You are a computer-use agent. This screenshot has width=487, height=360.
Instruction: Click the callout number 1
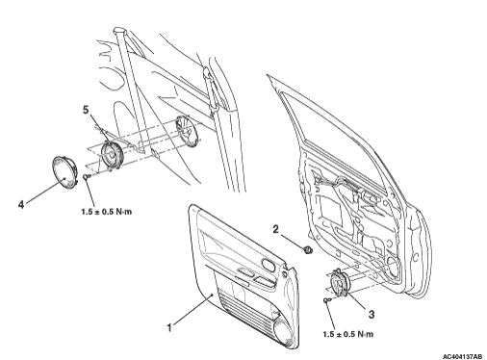tap(169, 327)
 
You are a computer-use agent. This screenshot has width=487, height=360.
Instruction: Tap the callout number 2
tap(275, 229)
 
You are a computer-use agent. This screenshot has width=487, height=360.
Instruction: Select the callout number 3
tap(372, 315)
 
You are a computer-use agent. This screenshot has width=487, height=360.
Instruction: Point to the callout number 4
tap(21, 204)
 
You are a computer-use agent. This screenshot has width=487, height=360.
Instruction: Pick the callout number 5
tap(86, 110)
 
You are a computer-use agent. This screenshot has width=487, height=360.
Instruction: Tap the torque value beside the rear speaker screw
tap(107, 212)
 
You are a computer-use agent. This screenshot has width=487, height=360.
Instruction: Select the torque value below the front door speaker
tap(348, 334)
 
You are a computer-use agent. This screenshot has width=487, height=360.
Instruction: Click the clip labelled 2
tap(308, 249)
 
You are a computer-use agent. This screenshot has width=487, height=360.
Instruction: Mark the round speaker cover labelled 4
tap(64, 172)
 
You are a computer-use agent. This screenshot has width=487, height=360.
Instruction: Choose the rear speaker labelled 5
tap(112, 156)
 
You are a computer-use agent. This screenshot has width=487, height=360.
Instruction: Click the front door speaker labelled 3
tap(338, 283)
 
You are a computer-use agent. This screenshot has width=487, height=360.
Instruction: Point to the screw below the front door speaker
tap(326, 300)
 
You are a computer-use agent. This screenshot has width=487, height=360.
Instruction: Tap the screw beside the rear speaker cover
tap(87, 176)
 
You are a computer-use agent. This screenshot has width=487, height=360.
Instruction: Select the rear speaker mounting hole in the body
tap(187, 131)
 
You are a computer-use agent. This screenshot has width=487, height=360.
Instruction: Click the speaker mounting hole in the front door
tap(392, 267)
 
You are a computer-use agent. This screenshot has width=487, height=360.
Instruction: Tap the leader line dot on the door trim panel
tap(212, 295)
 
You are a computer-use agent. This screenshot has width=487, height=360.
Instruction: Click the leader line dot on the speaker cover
tap(64, 177)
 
